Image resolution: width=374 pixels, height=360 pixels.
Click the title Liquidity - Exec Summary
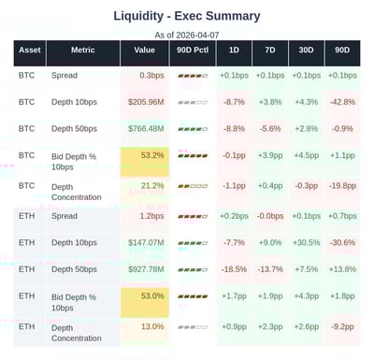click(x=187, y=16)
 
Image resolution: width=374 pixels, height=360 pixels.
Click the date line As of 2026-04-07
click(x=187, y=35)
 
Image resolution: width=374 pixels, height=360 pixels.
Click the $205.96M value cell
click(x=146, y=101)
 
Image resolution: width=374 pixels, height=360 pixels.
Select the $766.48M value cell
click(x=146, y=128)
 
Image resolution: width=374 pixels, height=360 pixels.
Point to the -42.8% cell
click(x=342, y=101)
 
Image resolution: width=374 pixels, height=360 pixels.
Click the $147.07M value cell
click(x=146, y=242)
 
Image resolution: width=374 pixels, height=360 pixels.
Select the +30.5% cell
click(x=306, y=242)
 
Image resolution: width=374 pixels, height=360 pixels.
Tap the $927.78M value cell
click(x=146, y=269)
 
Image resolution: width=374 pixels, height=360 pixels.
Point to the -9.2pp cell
click(x=342, y=327)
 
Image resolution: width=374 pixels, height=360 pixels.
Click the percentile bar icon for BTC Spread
click(x=193, y=75)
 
